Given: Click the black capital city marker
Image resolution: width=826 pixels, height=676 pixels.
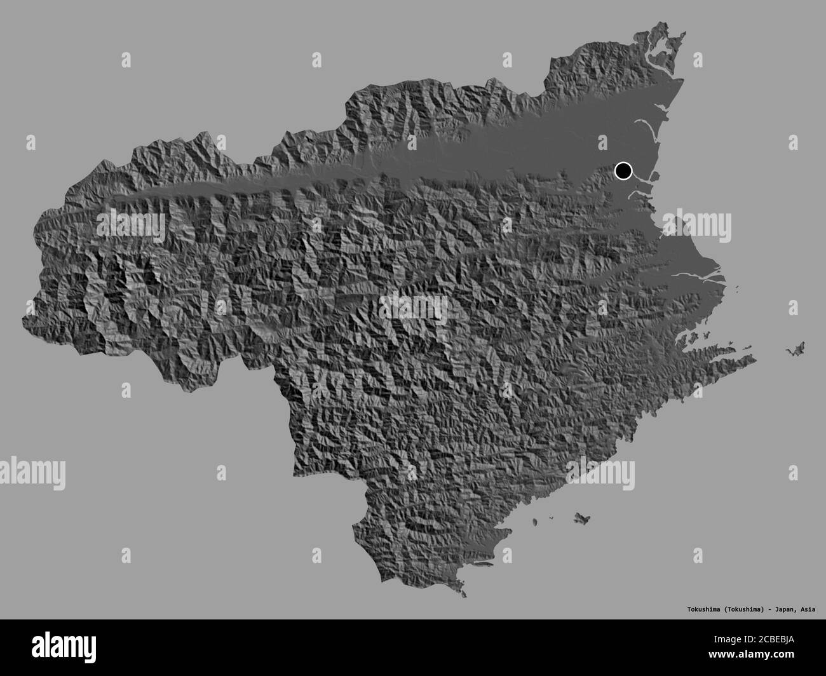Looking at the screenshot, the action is click(x=623, y=170).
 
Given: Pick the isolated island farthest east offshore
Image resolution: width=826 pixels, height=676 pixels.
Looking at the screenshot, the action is click(x=795, y=349).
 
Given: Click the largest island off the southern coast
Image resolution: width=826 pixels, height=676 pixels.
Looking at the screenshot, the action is click(x=580, y=518).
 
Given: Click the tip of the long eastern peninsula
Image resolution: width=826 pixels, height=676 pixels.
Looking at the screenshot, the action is click(x=754, y=360).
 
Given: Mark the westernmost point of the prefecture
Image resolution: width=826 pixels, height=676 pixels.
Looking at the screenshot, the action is click(x=24, y=318).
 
